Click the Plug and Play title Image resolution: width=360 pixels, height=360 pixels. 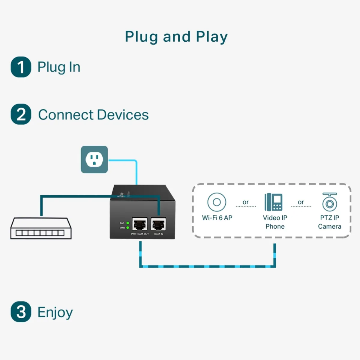[x=176, y=37]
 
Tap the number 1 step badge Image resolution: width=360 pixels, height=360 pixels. [x=21, y=67]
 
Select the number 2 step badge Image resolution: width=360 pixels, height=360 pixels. [x=21, y=114]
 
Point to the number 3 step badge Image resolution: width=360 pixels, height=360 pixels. [x=21, y=312]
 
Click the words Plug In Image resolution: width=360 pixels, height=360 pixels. [x=59, y=67]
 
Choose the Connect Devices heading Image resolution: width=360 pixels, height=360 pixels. [x=93, y=115]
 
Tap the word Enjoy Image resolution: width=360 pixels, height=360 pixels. [x=55, y=312]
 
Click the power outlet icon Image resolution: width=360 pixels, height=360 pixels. [x=94, y=159]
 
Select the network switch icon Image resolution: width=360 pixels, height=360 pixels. [x=41, y=228]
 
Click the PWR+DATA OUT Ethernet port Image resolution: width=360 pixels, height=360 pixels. [x=139, y=224]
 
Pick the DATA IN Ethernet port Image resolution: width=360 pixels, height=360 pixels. [x=158, y=224]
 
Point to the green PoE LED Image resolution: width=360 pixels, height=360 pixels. [x=128, y=223]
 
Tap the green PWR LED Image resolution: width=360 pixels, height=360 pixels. [x=128, y=228]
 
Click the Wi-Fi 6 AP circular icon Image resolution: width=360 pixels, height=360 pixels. [x=217, y=202]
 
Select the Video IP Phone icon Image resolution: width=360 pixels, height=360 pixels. [x=273, y=202]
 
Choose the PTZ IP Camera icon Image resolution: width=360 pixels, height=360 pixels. [x=329, y=202]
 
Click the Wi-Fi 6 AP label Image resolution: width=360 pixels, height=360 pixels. [x=217, y=218]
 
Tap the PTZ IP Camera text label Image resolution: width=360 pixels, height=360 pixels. [x=329, y=222]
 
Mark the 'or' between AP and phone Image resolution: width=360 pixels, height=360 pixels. [x=246, y=202]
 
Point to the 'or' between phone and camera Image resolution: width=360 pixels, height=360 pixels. [x=301, y=202]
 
